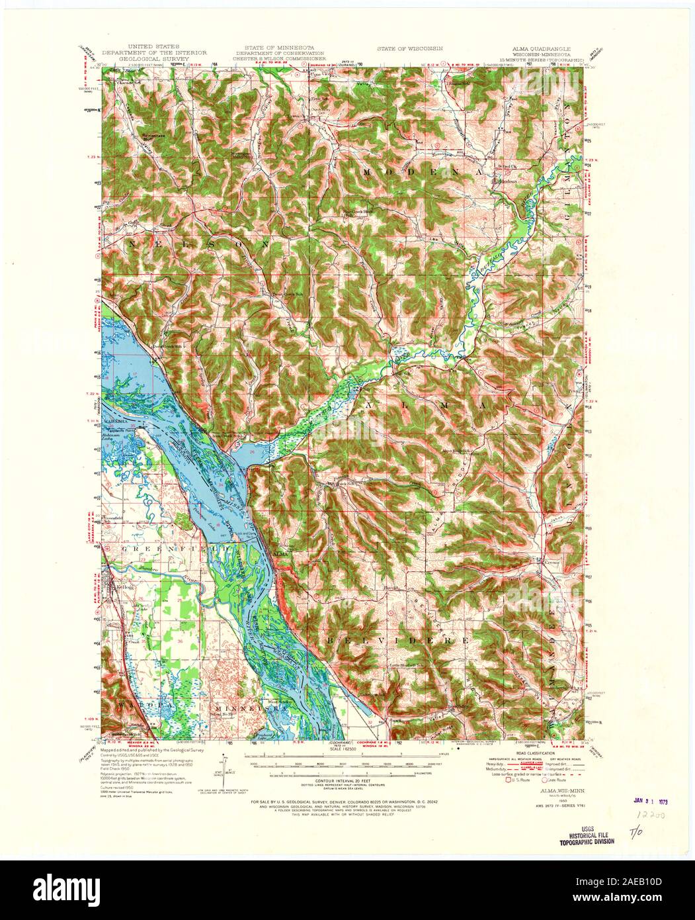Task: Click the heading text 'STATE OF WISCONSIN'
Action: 409,49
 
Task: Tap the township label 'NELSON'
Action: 199,244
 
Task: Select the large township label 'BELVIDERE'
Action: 399,641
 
